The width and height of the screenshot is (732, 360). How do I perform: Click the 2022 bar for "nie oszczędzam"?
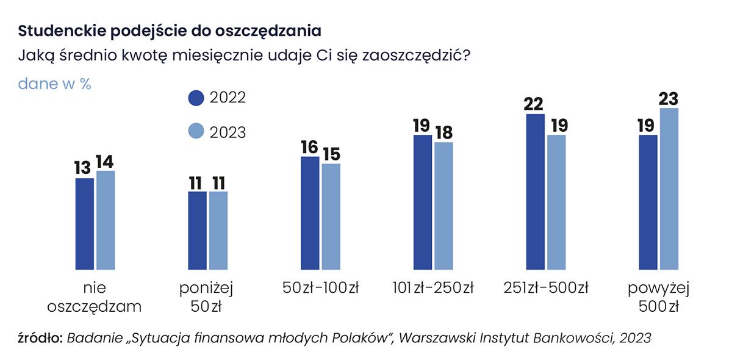(84, 223)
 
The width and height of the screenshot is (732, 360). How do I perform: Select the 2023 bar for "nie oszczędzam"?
(106, 220)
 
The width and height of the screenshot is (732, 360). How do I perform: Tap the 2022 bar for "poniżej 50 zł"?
(197, 230)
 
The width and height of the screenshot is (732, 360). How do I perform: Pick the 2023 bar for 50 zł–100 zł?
(331, 216)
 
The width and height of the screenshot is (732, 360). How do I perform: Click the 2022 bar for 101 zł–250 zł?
(423, 202)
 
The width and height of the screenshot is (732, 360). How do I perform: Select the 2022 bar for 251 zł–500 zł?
(535, 192)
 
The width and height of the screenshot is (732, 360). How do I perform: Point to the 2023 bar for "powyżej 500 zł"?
(669, 189)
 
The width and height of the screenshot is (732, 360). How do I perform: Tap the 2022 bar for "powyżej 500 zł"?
(648, 202)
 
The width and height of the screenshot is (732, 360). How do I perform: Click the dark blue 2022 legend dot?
(196, 98)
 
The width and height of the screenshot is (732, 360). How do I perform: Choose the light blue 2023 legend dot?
(196, 132)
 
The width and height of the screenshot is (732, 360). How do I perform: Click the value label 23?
(669, 98)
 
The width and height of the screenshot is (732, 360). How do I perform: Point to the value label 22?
(534, 104)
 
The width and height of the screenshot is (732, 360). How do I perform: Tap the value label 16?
(310, 147)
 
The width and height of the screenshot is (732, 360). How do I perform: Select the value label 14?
(104, 162)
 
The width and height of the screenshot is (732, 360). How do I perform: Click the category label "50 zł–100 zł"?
(320, 287)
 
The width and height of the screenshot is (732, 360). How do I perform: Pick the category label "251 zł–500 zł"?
(546, 287)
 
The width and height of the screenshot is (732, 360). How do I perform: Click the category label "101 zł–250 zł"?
(433, 287)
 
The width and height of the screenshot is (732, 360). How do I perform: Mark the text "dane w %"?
(54, 84)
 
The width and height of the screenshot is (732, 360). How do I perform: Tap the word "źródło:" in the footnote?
(40, 337)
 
